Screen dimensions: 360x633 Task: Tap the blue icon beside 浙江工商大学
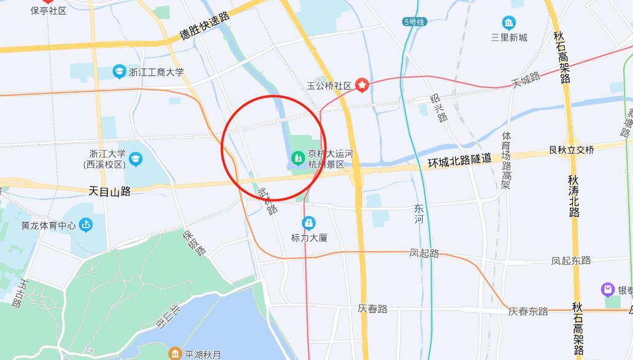pyautogui.click(x=119, y=72)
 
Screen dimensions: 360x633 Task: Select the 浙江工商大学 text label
pyautogui.click(x=156, y=72)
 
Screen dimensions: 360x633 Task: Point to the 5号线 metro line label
pyautogui.click(x=413, y=22)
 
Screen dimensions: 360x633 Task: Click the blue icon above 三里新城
pyautogui.click(x=509, y=23)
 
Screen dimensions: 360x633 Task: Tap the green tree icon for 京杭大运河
pyautogui.click(x=297, y=159)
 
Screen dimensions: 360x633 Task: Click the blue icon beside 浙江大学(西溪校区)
pyautogui.click(x=135, y=159)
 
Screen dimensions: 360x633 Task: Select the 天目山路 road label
pyautogui.click(x=110, y=191)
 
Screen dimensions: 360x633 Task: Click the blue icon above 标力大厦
pyautogui.click(x=309, y=223)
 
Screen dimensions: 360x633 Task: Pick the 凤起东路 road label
pyautogui.click(x=571, y=261)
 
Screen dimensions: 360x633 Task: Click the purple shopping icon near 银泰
pyautogui.click(x=608, y=289)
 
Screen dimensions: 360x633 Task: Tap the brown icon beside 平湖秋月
pyautogui.click(x=175, y=354)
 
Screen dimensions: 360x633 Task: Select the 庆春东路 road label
pyautogui.click(x=528, y=311)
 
